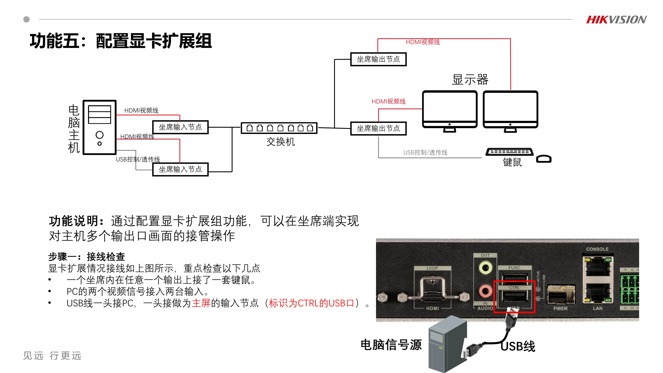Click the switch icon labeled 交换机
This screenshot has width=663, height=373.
(x=279, y=128)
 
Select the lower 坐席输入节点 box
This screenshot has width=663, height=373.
(x=180, y=169)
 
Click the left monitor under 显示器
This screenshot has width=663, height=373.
(x=450, y=109)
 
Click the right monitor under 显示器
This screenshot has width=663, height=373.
(x=510, y=109)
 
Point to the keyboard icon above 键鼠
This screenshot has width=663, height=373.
(x=509, y=152)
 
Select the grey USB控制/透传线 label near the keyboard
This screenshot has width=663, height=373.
(x=425, y=152)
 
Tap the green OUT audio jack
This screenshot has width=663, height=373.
(x=485, y=268)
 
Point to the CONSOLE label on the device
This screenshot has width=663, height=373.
(x=597, y=249)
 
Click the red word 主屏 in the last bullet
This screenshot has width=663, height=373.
(x=201, y=303)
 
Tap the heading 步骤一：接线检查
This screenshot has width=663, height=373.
(x=87, y=257)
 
